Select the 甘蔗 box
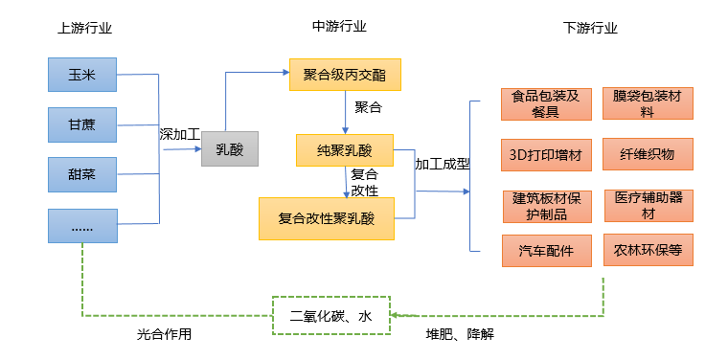click(82, 124)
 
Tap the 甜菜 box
click(82, 174)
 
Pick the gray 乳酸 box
click(230, 148)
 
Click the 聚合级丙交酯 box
click(345, 75)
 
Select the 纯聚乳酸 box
click(345, 148)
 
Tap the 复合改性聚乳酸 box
click(326, 217)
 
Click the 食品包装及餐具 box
click(546, 103)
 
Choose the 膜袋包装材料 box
click(648, 103)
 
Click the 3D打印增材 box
click(546, 154)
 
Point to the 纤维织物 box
click(648, 154)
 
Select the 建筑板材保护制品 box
click(546, 205)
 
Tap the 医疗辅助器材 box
click(648, 205)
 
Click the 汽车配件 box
click(546, 251)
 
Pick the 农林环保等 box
click(648, 251)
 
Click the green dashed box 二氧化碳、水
click(331, 315)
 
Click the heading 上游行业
click(84, 28)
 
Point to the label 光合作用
click(165, 335)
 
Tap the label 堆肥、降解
click(459, 335)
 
